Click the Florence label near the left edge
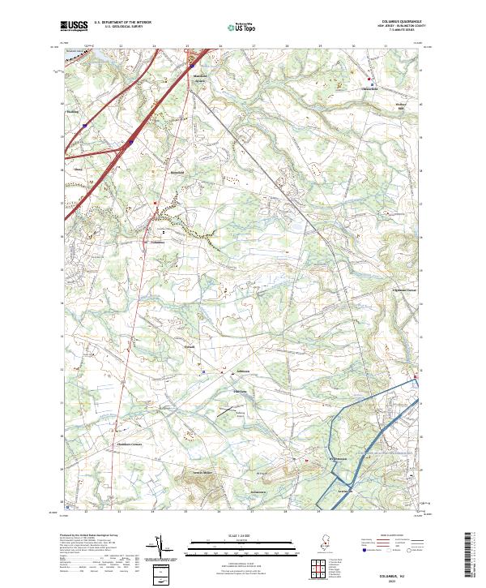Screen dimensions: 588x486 point(79,170)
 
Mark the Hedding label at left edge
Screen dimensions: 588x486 point(72,112)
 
